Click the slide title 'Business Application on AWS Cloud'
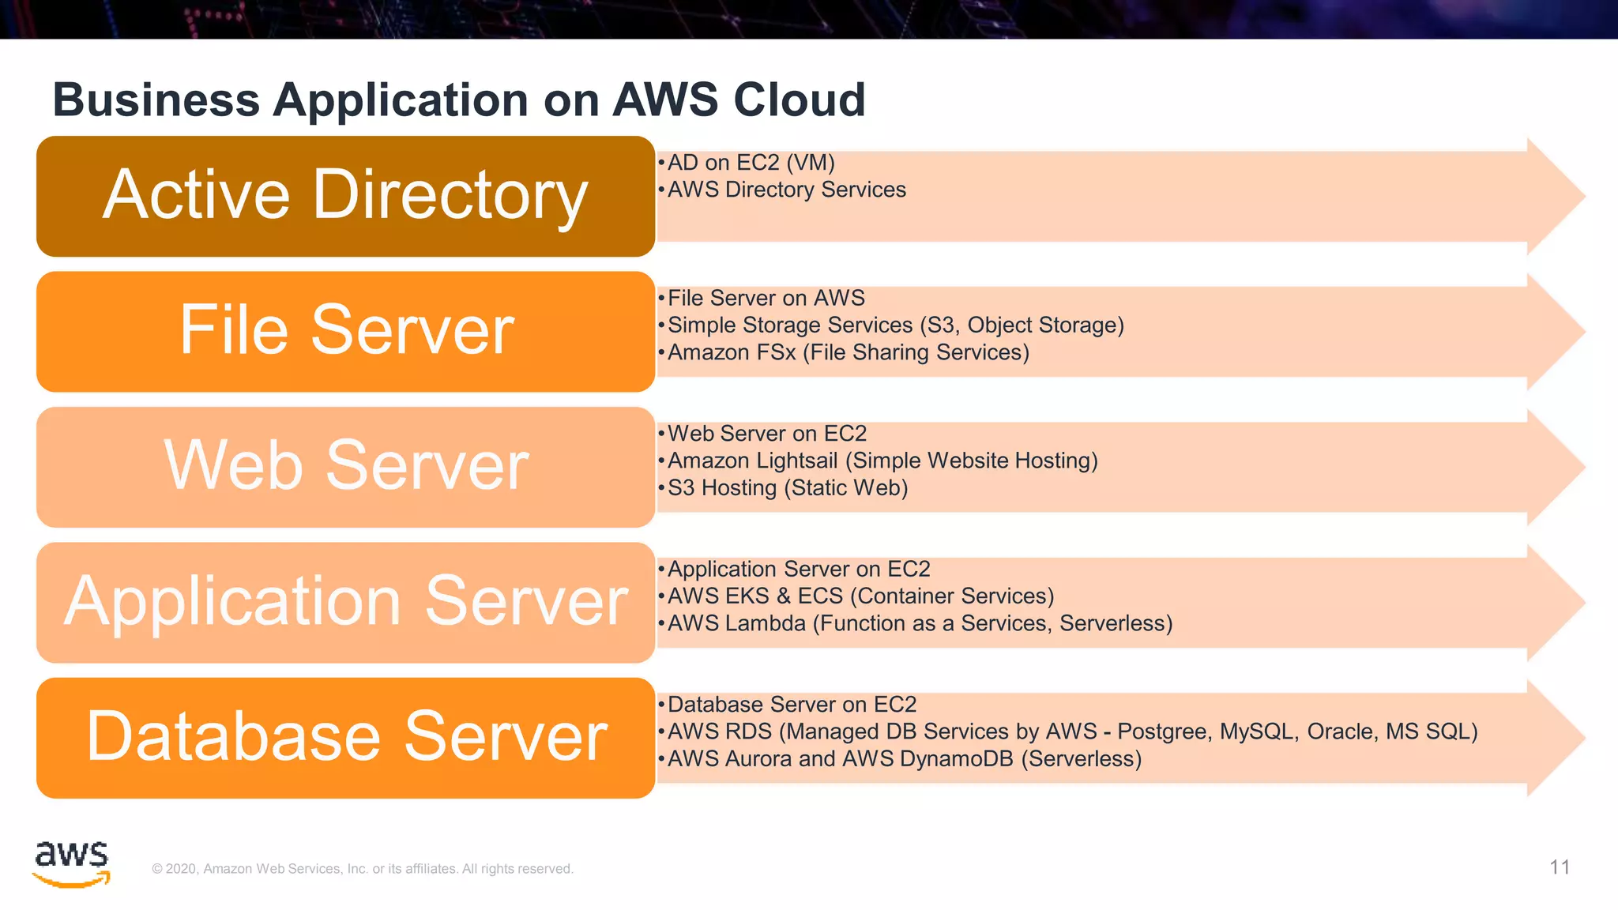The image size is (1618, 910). coord(458,100)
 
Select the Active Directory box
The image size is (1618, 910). coord(345,196)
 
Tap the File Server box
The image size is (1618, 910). coord(345,332)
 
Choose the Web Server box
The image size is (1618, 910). coord(345,467)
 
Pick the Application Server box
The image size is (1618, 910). coord(345,602)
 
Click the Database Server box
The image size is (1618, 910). coord(345,738)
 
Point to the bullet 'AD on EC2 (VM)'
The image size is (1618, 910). coord(751,163)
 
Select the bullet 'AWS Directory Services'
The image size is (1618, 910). coord(786,190)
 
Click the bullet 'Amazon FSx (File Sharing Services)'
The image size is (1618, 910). coord(848,352)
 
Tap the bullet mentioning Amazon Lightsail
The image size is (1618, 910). coord(882,461)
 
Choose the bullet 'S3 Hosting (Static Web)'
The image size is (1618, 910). coord(787,488)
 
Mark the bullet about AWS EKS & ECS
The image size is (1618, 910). coord(860,596)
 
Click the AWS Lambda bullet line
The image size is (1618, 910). coord(920,623)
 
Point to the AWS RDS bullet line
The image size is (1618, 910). coord(1072,731)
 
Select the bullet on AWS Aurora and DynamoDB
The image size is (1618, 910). coord(904,759)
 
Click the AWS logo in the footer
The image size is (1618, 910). coord(71,863)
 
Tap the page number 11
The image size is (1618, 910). coord(1560,867)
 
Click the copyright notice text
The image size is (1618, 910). coord(363,869)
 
